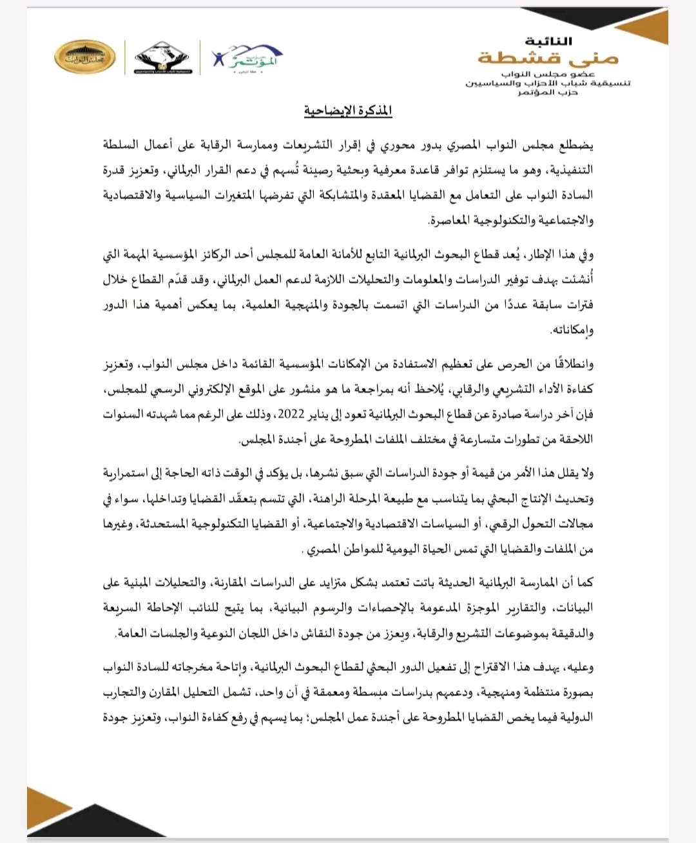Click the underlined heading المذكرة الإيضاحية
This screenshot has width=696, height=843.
click(x=348, y=111)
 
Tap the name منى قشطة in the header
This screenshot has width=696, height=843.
click(x=548, y=58)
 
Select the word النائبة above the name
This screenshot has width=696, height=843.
click(x=548, y=41)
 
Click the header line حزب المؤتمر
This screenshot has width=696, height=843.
click(x=548, y=93)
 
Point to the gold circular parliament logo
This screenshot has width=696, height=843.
click(x=84, y=58)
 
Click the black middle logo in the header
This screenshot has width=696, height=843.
click(x=161, y=58)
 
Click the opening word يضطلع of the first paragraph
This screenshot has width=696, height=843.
click(x=576, y=145)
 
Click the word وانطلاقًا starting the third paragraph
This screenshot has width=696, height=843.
click(x=570, y=364)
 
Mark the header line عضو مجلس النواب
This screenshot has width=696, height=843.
click(x=548, y=75)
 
